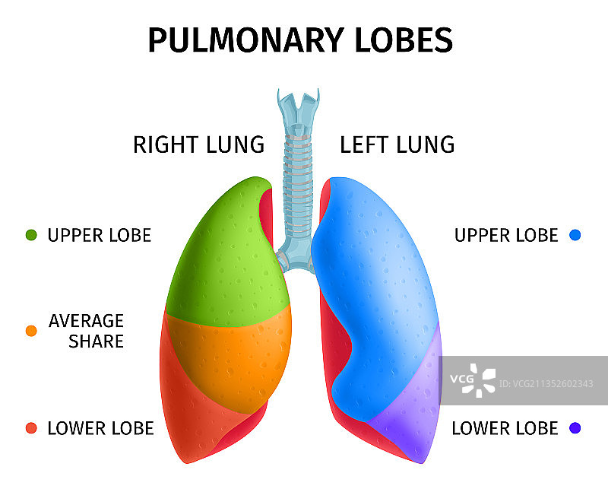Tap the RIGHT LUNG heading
198,144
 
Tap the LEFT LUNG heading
397,144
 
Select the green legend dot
31,235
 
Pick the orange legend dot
31,331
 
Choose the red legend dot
31,428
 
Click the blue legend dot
575,235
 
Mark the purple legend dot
575,428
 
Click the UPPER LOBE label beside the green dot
100,235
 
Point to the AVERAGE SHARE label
86,331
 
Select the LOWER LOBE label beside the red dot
100,428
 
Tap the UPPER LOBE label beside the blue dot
506,235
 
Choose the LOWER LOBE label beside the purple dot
505,428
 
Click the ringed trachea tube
296,175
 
